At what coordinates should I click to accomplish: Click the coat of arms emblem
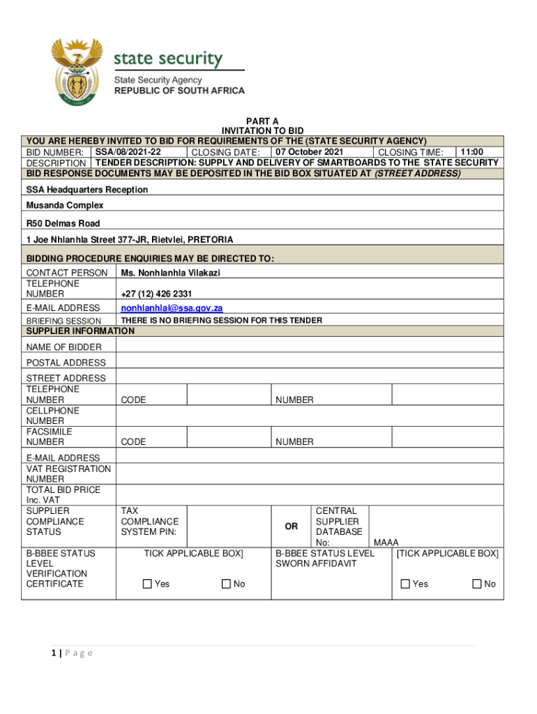77,73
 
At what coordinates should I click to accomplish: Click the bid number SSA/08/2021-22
128,152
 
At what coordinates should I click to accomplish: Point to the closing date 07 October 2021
309,152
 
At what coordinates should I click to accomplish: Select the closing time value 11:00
471,152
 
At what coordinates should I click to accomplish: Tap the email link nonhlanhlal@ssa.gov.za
172,307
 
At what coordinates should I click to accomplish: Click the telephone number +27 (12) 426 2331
156,294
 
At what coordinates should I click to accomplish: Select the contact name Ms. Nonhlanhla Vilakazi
170,273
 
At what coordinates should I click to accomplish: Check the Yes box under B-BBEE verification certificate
147,584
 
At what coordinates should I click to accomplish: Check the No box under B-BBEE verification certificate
227,584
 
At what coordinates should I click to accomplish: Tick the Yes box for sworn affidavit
405,584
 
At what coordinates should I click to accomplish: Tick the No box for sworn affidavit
477,584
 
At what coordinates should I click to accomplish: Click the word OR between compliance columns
291,526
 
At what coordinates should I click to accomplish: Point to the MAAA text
386,542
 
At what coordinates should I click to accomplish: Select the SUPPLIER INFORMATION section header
80,331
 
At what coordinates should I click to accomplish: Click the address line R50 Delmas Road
63,223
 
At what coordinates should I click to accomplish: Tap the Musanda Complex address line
65,205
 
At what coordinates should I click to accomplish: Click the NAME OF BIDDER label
63,347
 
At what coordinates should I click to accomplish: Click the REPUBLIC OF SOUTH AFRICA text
179,91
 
